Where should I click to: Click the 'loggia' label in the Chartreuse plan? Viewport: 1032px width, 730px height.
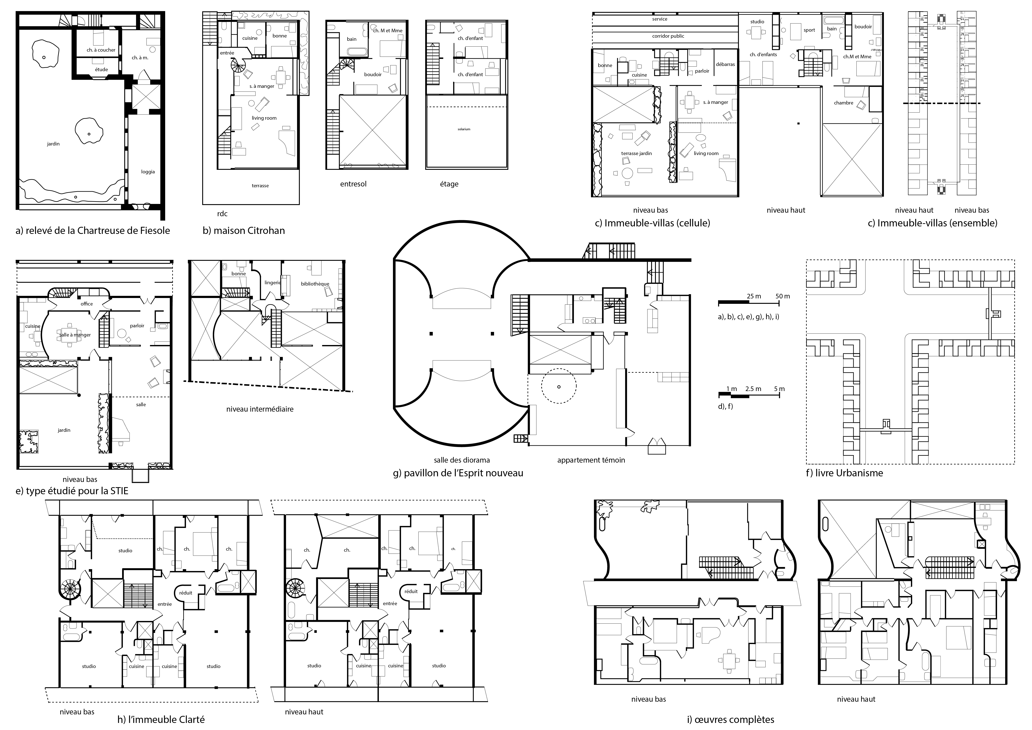point(148,172)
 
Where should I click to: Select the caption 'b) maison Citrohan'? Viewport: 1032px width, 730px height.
point(244,231)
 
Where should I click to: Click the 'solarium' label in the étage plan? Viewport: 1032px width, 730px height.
point(464,129)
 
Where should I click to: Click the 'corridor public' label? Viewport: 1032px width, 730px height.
point(668,36)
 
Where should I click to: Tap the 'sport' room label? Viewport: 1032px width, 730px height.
point(809,30)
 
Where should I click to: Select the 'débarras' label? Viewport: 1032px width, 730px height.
point(725,64)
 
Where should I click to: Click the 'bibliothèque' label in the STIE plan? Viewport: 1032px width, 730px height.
point(315,284)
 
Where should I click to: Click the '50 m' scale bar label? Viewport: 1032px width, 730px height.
point(783,296)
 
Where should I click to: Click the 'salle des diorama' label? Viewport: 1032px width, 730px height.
point(462,460)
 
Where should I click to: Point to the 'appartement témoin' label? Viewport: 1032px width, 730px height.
point(591,460)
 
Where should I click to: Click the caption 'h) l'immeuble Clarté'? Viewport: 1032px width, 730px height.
point(161,719)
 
